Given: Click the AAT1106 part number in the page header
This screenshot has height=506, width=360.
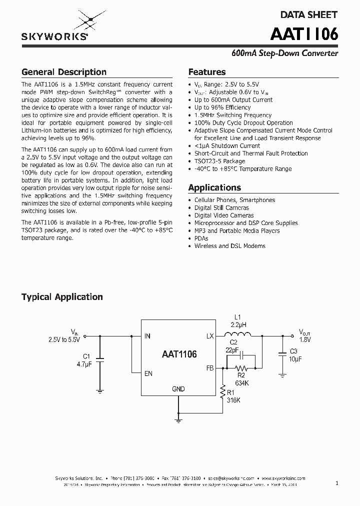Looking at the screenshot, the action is [x=304, y=34].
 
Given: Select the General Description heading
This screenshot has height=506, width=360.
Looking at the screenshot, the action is [x=63, y=72].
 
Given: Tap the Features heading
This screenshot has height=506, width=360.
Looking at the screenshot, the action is [x=206, y=72].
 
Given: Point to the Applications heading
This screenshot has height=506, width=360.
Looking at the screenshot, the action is [x=214, y=187].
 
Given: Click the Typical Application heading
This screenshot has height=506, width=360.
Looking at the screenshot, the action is [x=62, y=297].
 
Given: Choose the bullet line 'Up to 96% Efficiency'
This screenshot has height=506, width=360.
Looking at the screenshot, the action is [x=222, y=107].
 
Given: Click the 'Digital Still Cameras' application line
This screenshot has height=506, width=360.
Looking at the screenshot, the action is [x=221, y=207].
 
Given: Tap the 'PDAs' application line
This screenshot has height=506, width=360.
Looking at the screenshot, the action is [x=201, y=238].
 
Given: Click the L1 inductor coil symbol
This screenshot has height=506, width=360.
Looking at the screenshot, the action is [x=237, y=335].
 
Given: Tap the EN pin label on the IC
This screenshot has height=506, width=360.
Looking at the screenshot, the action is [x=148, y=373].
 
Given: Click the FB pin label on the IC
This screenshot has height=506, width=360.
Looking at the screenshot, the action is [x=210, y=368].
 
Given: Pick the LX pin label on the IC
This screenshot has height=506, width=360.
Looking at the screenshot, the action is [x=210, y=336].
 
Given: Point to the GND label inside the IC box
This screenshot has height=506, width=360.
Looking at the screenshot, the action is [x=178, y=389].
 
